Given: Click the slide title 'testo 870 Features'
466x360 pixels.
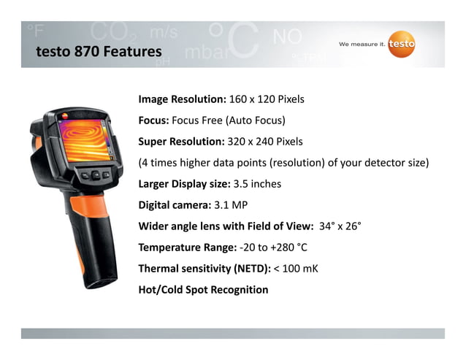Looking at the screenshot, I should point(99,52).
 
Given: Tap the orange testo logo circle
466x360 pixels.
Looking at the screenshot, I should point(401,45).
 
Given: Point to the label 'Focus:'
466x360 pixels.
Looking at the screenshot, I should point(153,120).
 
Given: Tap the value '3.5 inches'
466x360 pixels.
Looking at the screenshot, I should point(256,183).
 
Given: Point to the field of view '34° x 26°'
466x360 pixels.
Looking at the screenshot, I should point(340,226).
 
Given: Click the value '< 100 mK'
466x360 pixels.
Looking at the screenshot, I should point(296,269).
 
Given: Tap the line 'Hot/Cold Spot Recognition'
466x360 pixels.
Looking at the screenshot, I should point(203,290).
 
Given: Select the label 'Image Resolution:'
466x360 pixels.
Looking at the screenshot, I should point(182,99).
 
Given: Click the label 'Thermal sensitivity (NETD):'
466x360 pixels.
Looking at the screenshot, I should point(204,269).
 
